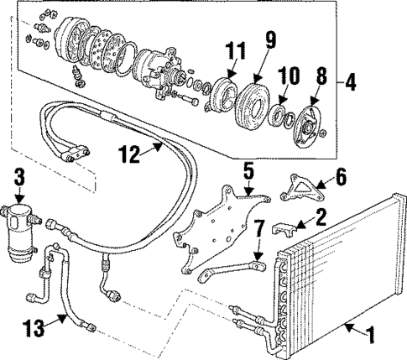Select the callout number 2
coord(321,218)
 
